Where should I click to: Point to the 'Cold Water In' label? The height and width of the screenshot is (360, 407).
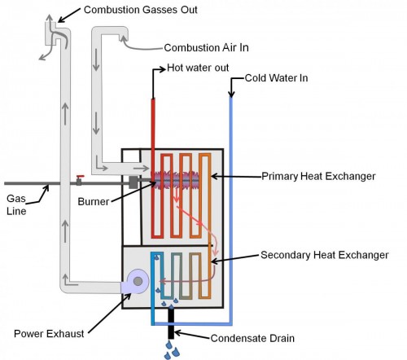point(277,79)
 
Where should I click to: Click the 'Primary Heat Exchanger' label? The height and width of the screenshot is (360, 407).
point(318,175)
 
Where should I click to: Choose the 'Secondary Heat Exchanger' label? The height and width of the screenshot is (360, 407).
point(324,254)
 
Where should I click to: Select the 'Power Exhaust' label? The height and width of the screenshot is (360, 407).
point(49,332)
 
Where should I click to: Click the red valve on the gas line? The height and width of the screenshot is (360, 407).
point(79,178)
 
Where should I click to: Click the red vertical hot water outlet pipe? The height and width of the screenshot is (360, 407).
point(152,122)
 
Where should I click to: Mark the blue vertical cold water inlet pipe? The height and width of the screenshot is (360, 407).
point(230,204)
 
